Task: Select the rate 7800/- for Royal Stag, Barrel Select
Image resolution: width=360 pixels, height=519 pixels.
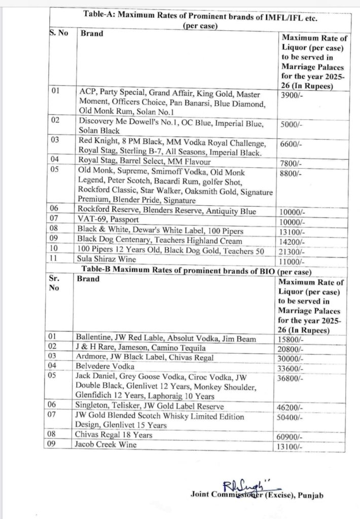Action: [292, 164]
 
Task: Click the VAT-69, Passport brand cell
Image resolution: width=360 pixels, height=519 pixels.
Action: [110, 221]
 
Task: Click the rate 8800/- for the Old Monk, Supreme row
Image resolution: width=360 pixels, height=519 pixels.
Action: [292, 173]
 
